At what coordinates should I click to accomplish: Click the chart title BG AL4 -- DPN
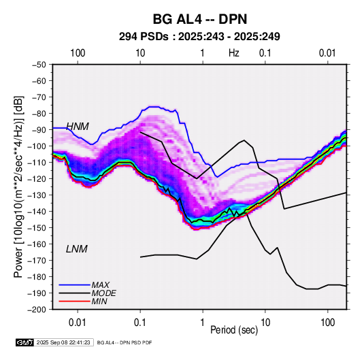coord(200,19)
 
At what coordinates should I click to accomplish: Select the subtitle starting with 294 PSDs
coord(199,37)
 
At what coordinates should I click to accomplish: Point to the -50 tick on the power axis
coord(39,65)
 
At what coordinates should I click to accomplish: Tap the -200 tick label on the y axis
coord(37,310)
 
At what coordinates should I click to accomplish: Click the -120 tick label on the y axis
coord(37,179)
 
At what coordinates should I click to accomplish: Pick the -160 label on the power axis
coord(37,244)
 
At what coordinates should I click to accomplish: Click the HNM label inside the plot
coord(78,127)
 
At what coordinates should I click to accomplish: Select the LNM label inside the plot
coord(77,249)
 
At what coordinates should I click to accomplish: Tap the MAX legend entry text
coord(100,285)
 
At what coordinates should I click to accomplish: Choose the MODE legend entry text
coord(104,293)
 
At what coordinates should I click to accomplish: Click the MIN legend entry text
coord(99,301)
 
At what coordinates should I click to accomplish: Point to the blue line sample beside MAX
coord(75,285)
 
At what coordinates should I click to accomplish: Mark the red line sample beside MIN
coord(75,301)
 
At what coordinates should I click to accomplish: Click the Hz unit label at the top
coord(234,53)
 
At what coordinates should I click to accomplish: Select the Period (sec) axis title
coord(234,330)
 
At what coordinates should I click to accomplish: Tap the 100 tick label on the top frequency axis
coord(78,53)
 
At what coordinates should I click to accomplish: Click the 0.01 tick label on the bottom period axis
coord(78,323)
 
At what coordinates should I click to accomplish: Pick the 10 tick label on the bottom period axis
coord(265,323)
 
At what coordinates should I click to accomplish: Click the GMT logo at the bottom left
coord(25,342)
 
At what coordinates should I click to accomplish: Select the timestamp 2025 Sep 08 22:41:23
coord(63,342)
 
